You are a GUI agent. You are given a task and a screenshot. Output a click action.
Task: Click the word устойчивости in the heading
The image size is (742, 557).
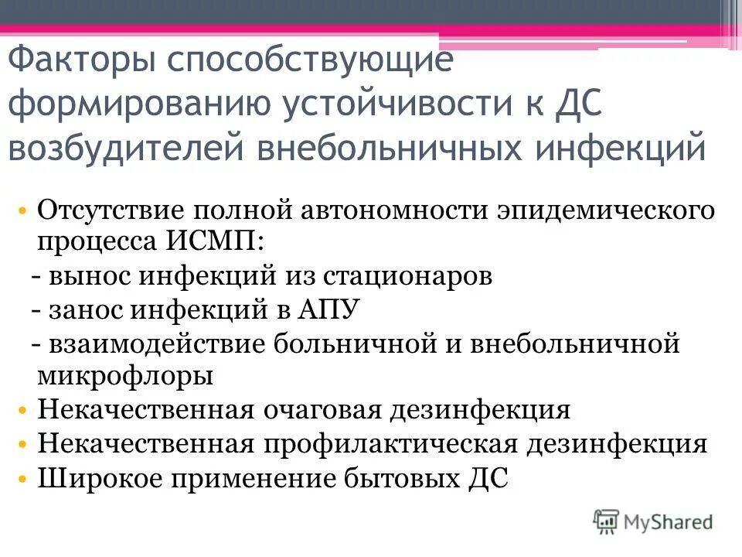point(386,105)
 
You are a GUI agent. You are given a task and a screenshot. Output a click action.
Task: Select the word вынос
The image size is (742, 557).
point(82,276)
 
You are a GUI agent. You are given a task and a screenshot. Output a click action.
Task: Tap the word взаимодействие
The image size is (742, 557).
point(158,343)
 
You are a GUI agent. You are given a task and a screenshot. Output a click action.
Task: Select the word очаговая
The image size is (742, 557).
point(322,410)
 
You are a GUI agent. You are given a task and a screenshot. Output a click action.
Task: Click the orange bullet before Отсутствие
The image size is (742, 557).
point(25,211)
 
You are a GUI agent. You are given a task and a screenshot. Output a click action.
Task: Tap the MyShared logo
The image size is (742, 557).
point(653,522)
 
